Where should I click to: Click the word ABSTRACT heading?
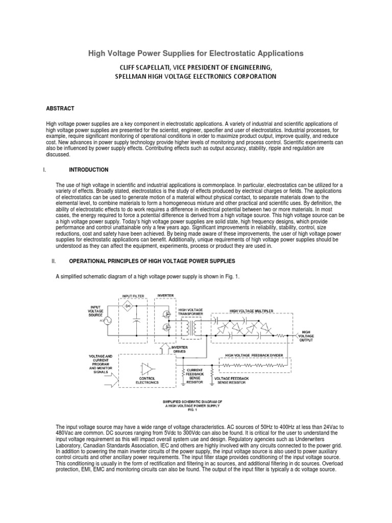(x=60, y=108)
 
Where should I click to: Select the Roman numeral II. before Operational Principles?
(x=54, y=261)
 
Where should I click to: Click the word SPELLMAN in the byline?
(x=134, y=76)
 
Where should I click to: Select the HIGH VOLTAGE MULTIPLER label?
(x=252, y=310)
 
